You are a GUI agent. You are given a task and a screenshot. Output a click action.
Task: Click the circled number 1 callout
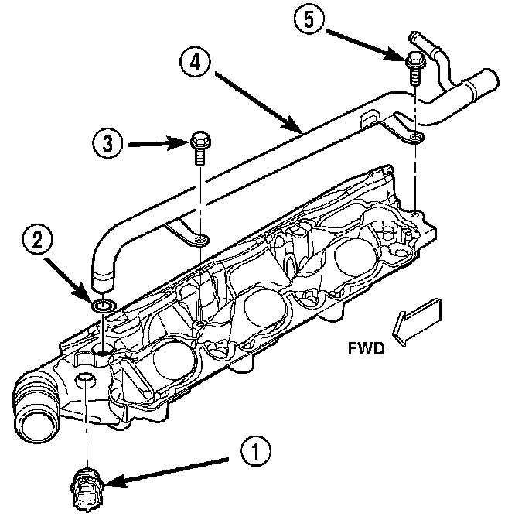pos(256,451)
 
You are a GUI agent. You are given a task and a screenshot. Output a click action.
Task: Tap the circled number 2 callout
pos(38,241)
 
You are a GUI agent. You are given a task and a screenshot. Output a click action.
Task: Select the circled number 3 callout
pos(107,143)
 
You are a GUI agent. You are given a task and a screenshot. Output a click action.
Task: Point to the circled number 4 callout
pos(195,63)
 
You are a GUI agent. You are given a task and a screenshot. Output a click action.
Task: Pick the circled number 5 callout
pos(309,19)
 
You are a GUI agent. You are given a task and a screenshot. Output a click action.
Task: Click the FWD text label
pos(366,348)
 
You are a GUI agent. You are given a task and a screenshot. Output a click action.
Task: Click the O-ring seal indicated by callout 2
pos(104,306)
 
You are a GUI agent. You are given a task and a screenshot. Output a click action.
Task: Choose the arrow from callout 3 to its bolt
pos(159,144)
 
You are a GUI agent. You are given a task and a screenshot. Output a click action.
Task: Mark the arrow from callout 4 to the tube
pos(258,102)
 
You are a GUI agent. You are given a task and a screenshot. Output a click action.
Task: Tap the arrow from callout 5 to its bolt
pos(366,46)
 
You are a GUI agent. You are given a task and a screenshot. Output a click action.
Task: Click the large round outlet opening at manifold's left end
pos(37,424)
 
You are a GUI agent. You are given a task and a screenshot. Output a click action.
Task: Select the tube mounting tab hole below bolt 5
pos(414,137)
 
